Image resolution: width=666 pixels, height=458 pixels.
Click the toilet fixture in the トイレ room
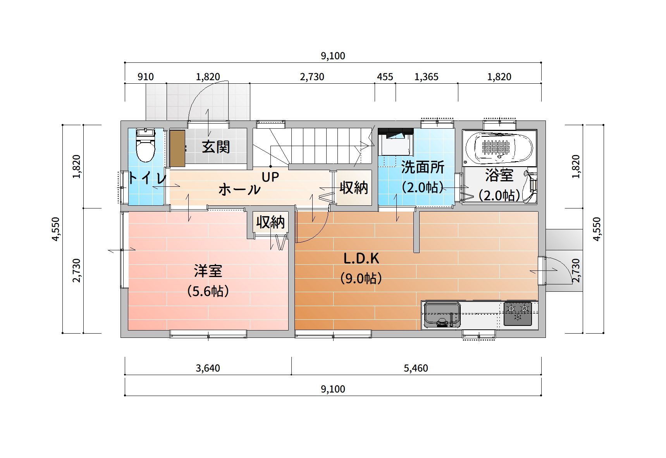[145, 145]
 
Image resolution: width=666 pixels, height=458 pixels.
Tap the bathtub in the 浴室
[499, 148]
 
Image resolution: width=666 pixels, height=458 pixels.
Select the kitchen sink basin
[442, 314]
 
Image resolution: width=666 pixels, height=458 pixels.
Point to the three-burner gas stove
[518, 313]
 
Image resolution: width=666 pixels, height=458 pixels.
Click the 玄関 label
[216, 147]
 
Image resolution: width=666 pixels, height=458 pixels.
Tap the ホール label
[239, 189]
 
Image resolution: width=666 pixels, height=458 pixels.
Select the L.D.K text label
[361, 258]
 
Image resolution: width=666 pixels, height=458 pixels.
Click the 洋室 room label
[208, 271]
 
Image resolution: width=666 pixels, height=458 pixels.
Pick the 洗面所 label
[423, 167]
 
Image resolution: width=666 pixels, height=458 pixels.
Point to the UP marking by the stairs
[270, 177]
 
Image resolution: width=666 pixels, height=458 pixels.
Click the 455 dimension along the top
[385, 77]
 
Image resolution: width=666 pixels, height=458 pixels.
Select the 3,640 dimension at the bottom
[208, 368]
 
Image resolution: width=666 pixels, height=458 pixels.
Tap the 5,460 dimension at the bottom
[416, 368]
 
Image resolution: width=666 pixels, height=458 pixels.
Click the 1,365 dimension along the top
[426, 77]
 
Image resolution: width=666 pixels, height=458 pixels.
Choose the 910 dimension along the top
[146, 77]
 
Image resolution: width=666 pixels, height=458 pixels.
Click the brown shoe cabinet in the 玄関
[177, 148]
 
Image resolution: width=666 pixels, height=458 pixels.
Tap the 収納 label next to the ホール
[354, 188]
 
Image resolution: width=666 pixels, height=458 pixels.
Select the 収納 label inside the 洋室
[270, 222]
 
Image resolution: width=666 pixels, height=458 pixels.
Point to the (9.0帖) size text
[361, 278]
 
